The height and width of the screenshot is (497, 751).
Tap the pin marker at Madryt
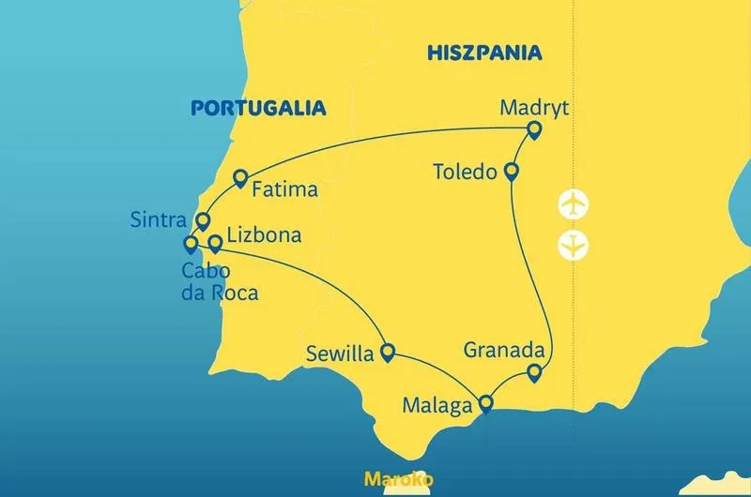point(534,130)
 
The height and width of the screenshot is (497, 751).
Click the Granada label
point(504,351)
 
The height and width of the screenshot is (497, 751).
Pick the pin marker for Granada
point(534,373)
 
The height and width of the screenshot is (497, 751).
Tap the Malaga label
point(437,406)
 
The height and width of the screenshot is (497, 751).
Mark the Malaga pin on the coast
point(485,405)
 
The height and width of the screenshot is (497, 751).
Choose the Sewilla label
point(339,354)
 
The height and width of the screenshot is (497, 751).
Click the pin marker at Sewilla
point(385,352)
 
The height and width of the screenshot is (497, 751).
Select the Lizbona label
point(264,234)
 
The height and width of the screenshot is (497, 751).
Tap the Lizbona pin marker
point(215,243)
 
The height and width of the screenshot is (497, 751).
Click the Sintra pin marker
point(202,221)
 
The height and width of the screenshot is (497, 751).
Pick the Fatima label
point(285,189)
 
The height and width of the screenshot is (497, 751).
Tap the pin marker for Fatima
point(239,177)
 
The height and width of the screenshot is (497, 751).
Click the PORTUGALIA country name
point(258,108)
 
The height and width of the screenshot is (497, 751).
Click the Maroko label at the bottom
point(398,479)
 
